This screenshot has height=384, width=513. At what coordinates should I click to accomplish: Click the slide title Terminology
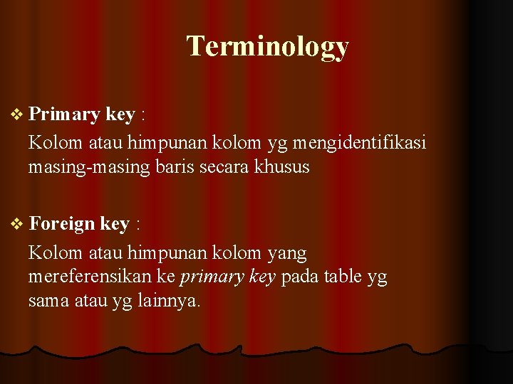267,46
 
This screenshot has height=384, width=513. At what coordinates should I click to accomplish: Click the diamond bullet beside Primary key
18,114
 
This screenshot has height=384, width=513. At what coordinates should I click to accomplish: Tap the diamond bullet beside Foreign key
18,224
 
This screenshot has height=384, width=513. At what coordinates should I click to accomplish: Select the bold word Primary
65,114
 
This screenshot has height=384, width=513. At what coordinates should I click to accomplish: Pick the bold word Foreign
62,225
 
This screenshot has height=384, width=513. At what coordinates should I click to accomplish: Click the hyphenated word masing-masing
88,169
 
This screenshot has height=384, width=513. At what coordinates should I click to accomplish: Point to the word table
343,277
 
